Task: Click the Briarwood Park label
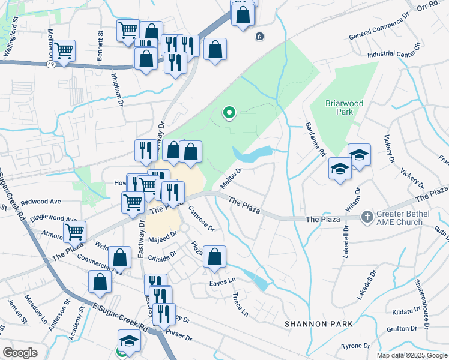pos(345,107)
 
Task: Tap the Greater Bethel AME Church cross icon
pos(367,214)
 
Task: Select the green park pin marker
pos(229,112)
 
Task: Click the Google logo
pos(20,352)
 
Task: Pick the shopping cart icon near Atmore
pos(74,230)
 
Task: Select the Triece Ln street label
pos(240,305)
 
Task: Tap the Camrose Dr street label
pos(202,219)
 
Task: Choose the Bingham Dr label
pos(118,90)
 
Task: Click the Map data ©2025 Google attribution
pos(412,355)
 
